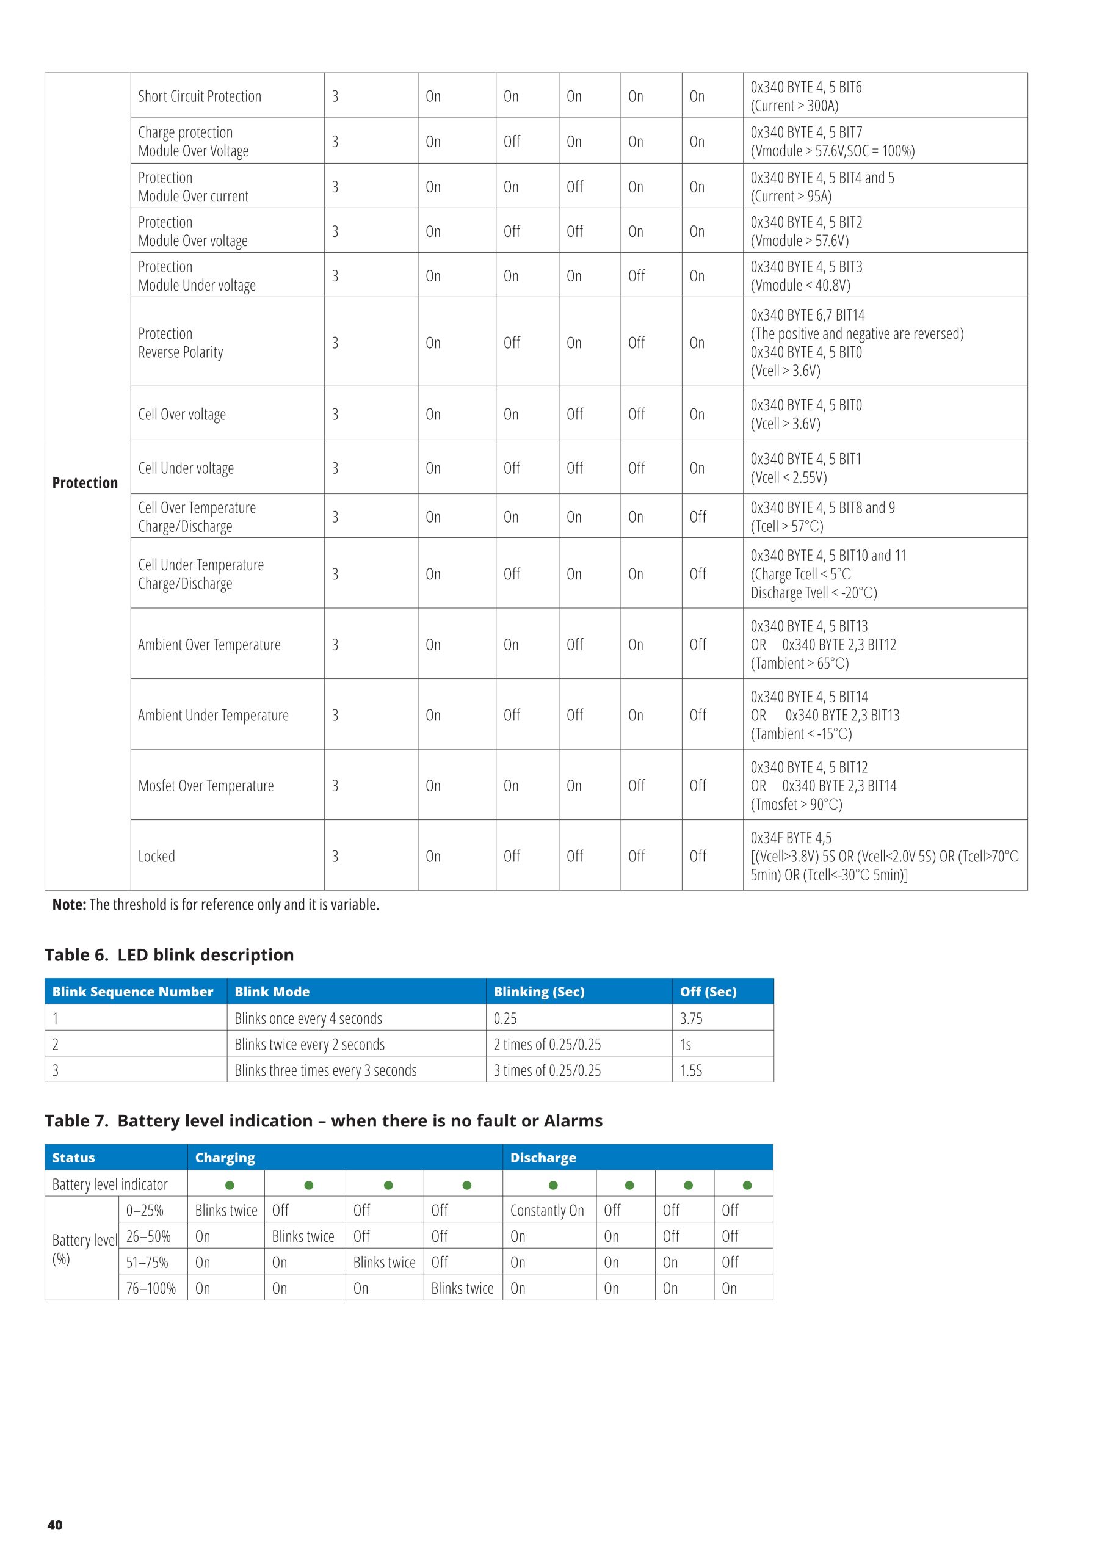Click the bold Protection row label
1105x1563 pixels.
point(84,483)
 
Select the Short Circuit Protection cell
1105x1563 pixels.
point(200,96)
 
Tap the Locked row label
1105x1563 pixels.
point(157,856)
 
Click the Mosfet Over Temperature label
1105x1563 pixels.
point(206,786)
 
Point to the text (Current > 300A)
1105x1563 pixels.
point(794,106)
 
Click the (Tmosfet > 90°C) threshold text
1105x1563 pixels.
point(796,804)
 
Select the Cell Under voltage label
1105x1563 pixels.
point(186,468)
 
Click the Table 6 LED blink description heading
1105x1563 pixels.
point(169,954)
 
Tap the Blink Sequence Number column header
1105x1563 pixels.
point(132,991)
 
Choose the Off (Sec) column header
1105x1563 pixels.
point(708,991)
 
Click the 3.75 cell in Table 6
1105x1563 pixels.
point(691,1018)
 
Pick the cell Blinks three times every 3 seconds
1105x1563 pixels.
point(325,1070)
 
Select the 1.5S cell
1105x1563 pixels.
point(691,1070)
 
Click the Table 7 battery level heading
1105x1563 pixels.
point(324,1120)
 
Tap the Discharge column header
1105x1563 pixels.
point(543,1157)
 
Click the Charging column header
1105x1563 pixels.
point(225,1157)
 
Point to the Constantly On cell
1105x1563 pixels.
point(547,1209)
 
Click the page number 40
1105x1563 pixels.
point(54,1525)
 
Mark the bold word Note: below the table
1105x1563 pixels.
point(70,904)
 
